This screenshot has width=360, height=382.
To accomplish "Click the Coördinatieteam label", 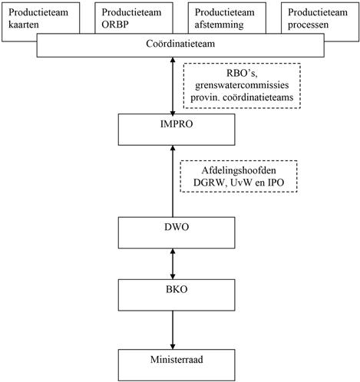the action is pos(180,44).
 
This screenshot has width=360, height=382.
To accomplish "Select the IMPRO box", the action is pos(177,130).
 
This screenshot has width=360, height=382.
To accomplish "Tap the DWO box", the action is pos(177,232).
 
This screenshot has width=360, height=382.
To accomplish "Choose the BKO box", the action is pos(177,295).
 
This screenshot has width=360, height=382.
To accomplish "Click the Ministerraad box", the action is pos(177,365).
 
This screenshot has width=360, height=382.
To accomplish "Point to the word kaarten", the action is pos(24,25).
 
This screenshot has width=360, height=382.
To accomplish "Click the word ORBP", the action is pos(115,25).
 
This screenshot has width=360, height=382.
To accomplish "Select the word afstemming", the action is pos(219,25).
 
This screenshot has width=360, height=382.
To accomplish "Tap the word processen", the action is pos(308,25).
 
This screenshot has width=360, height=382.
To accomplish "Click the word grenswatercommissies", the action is pos(242,85).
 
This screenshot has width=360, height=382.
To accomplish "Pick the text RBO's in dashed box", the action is pos(242,73).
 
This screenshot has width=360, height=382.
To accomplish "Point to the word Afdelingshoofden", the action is pos(239,170).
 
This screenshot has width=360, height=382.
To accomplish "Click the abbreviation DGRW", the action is pos(210,183).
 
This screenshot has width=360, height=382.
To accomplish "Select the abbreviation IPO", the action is pos(276,183).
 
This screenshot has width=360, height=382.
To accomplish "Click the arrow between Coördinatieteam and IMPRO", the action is pos(173,86).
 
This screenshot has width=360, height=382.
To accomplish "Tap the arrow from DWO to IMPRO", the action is pos(173,181).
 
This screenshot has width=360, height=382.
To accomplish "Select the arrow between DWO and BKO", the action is pos(173,264).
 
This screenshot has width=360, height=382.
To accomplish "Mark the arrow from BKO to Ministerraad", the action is pos(173,330).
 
